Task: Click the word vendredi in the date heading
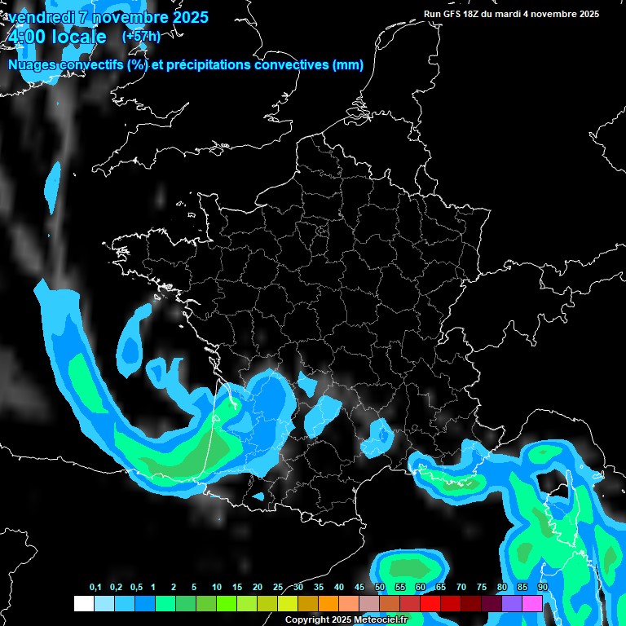pos(41,17)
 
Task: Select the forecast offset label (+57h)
pos(141,37)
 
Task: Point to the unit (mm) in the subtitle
pos(348,65)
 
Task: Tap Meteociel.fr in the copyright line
pos(380,619)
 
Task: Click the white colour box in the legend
pos(83,604)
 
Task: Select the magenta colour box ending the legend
pos(532,604)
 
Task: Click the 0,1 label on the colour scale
pos(95,588)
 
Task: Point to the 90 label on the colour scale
pos(543,588)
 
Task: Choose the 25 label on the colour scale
pos(278,588)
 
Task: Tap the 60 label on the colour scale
pos(421,588)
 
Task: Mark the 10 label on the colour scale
pos(217,588)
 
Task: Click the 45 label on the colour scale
pos(359,588)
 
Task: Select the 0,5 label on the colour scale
pos(135,588)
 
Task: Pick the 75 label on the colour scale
pos(482,588)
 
